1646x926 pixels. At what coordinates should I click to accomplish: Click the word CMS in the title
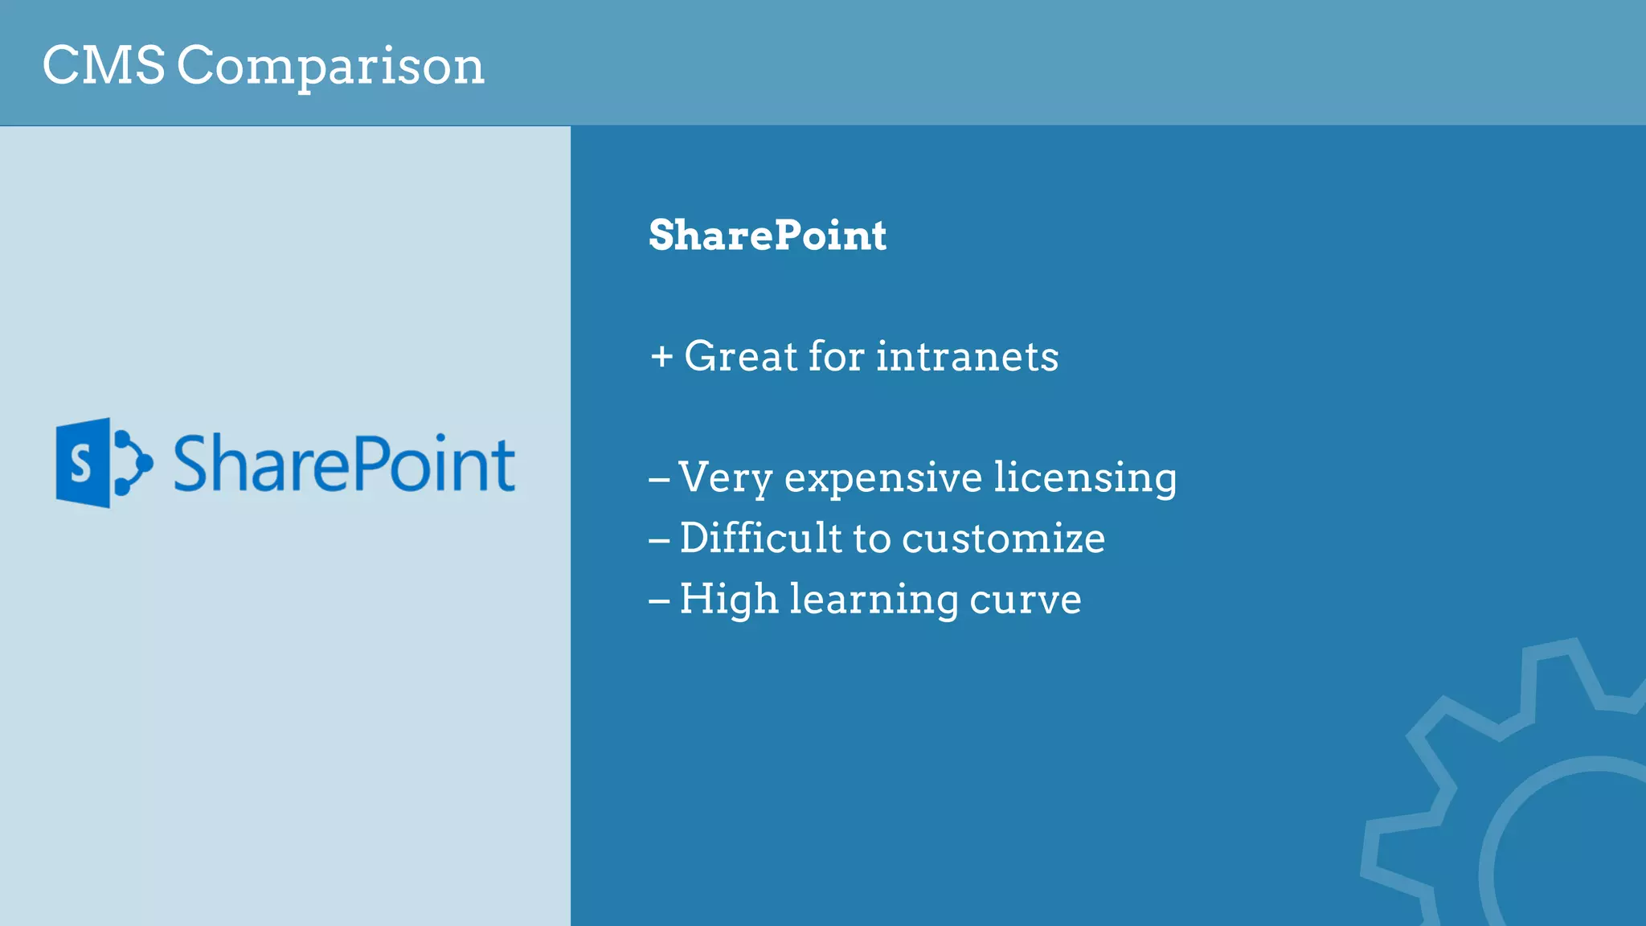click(104, 65)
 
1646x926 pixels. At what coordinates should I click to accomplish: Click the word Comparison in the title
click(330, 67)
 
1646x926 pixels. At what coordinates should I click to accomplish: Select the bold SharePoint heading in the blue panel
click(767, 236)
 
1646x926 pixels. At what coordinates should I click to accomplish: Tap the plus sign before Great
click(661, 356)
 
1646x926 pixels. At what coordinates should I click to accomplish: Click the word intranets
click(967, 356)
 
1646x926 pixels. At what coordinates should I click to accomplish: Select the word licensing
click(1085, 479)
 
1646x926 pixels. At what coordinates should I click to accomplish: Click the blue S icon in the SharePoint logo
click(84, 463)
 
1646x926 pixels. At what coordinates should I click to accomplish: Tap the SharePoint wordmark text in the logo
click(344, 464)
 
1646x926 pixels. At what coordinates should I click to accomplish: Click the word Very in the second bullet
click(725, 479)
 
